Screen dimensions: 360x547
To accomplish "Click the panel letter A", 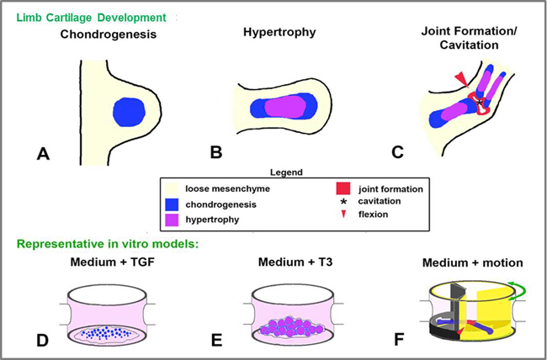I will [47, 154].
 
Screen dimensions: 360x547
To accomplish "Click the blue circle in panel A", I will [129, 112].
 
